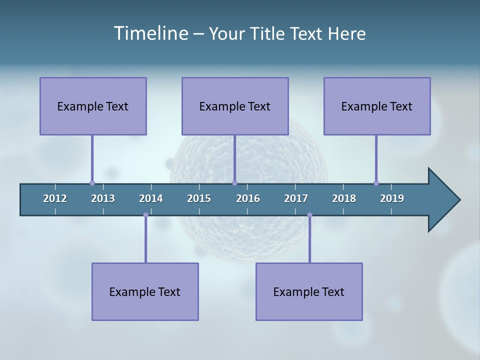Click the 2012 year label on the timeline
click(x=55, y=198)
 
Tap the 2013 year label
click(x=103, y=198)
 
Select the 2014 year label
click(x=151, y=198)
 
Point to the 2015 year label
click(x=199, y=198)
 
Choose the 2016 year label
click(x=248, y=198)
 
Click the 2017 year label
click(x=296, y=198)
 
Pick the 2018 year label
click(x=344, y=198)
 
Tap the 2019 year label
click(x=392, y=198)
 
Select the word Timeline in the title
click(x=151, y=33)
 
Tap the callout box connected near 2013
click(x=93, y=106)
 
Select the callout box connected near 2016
click(x=235, y=106)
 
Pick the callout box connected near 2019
click(x=377, y=106)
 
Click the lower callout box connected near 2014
click(x=145, y=291)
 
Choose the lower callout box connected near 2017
click(x=309, y=291)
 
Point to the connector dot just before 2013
click(x=92, y=183)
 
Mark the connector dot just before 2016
click(x=234, y=183)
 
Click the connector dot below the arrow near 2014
click(x=145, y=215)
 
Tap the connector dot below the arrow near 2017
click(x=309, y=215)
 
